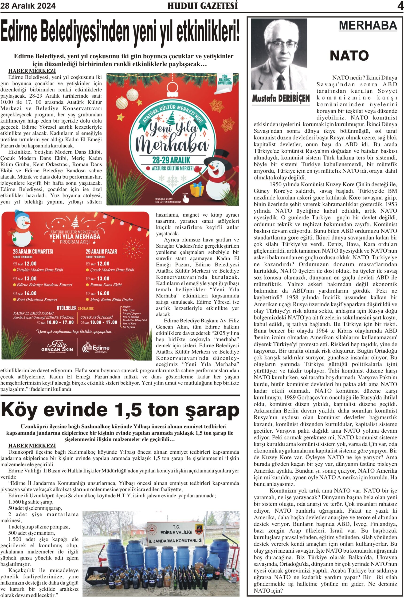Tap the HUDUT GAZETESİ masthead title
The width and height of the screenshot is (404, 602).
click(203, 6)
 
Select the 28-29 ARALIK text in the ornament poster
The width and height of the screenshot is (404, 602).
click(171, 160)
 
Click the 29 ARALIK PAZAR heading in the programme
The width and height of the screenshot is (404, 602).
click(101, 251)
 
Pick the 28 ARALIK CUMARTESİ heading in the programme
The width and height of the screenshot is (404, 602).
click(33, 251)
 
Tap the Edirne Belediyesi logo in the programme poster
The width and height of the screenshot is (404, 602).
click(96, 348)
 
